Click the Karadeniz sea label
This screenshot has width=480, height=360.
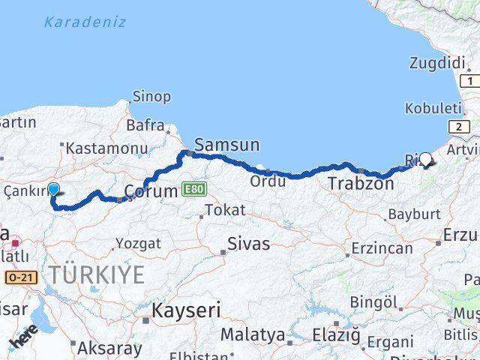point(85,22)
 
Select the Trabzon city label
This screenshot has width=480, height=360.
point(361,183)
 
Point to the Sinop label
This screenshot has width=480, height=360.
point(151,97)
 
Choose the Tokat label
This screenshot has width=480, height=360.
point(225,210)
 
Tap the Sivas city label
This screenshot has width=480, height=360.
point(250,244)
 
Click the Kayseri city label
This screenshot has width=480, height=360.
point(186,310)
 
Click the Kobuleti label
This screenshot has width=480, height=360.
point(433,109)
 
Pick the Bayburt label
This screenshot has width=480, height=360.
point(413,214)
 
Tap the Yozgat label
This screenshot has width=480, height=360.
point(138,244)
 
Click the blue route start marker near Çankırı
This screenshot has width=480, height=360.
point(53,190)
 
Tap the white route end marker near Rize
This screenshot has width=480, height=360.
point(426,159)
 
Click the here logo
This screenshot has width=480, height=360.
point(24,338)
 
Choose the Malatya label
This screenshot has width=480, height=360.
point(252,334)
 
